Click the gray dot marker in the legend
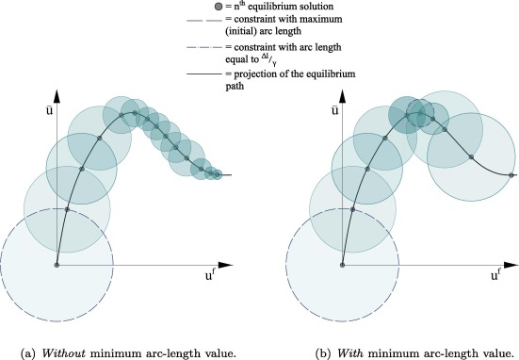pyautogui.click(x=218, y=7)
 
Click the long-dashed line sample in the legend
pyautogui.click(x=204, y=21)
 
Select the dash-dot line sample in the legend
pyautogui.click(x=204, y=48)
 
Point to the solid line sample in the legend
pyautogui.click(x=204, y=74)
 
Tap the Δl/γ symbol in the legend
pyautogui.click(x=268, y=59)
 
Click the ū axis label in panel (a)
pyautogui.click(x=49, y=109)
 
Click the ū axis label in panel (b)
pyautogui.click(x=334, y=109)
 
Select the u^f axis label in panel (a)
pyautogui.click(x=210, y=275)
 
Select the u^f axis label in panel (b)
pyautogui.click(x=495, y=275)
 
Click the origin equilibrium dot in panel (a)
pyautogui.click(x=57, y=265)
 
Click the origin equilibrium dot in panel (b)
pyautogui.click(x=343, y=265)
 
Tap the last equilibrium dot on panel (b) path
pyautogui.click(x=511, y=175)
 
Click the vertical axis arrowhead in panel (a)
pyautogui.click(x=57, y=96)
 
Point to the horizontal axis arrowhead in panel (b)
pyautogui.click(x=511, y=265)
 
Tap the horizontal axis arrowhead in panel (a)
pyautogui.click(x=226, y=265)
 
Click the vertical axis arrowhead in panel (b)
pyautogui.click(x=343, y=96)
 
